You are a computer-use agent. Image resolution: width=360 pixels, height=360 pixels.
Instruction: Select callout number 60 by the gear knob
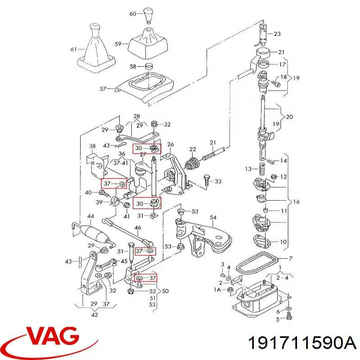[x=133, y=14]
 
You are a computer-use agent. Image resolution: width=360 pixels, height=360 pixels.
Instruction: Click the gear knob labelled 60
[x=148, y=15]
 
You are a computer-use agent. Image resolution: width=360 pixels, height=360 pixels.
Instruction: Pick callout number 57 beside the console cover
[x=103, y=88]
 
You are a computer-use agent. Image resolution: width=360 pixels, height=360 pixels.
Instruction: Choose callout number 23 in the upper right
[x=277, y=34]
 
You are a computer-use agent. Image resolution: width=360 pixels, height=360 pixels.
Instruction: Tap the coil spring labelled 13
[x=262, y=170]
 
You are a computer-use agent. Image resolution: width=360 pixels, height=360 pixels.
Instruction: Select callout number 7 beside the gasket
[x=290, y=258]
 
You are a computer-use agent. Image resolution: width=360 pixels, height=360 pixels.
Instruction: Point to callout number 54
[x=213, y=217]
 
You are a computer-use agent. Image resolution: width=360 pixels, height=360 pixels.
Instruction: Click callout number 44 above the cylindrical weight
[x=90, y=216]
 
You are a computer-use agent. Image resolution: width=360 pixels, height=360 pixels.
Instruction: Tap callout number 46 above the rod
[x=138, y=228]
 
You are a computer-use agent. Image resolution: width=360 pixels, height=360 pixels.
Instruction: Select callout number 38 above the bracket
[x=92, y=146]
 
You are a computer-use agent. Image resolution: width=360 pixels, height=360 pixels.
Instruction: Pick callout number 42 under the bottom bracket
[x=94, y=315]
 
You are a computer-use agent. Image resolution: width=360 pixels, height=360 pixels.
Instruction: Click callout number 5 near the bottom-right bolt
[x=277, y=319]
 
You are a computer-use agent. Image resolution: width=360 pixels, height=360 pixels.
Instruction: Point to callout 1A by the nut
[x=217, y=290]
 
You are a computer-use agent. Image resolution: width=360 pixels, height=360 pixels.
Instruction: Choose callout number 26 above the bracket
[x=171, y=144]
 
